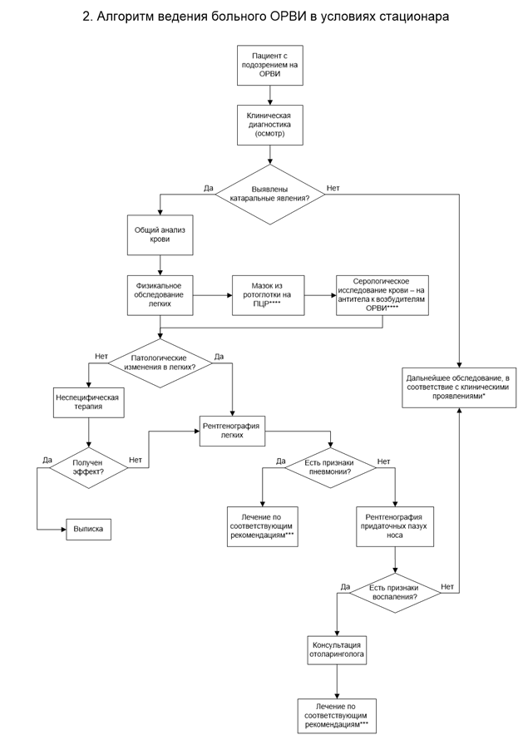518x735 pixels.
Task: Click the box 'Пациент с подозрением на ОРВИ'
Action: coord(269,65)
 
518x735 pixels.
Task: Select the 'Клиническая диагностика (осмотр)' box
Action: coord(269,125)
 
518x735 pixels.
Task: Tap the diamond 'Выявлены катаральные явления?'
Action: coord(269,195)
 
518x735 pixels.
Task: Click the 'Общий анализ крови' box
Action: coord(160,234)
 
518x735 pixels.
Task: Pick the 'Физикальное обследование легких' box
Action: coord(160,295)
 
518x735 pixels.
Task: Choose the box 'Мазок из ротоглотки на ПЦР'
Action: coord(268,295)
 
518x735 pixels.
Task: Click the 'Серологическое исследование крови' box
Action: coord(382,295)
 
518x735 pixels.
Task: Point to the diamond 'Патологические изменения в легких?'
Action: coord(160,363)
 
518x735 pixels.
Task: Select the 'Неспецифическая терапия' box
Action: coord(89,402)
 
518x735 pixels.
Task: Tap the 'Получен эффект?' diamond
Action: coord(89,467)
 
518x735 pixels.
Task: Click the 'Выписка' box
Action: coord(89,530)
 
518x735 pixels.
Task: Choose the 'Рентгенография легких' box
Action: coord(232,431)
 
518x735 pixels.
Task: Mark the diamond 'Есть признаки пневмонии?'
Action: coord(330,467)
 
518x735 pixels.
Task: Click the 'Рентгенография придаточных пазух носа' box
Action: coord(395,526)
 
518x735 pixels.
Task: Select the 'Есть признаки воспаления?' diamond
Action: coord(395,593)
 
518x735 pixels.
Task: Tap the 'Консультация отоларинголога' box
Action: coord(337,649)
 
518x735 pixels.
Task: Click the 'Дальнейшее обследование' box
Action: coord(459,387)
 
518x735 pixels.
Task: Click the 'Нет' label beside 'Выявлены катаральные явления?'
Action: coord(333,188)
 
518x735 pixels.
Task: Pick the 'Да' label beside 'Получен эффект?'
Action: coord(47,460)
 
